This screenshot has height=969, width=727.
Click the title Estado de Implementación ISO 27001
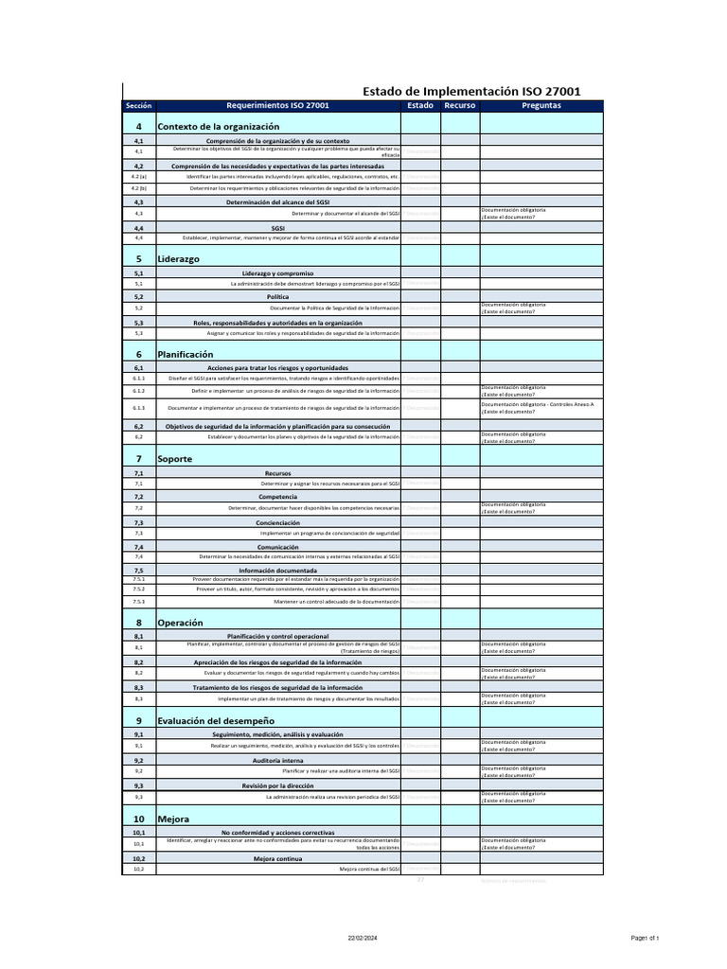click(472, 91)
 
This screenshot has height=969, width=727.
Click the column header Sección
click(138, 106)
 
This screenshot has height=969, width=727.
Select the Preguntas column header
click(541, 106)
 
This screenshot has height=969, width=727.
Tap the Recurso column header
click(459, 106)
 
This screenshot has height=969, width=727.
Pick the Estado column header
click(420, 106)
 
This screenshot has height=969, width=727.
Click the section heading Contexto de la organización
click(218, 126)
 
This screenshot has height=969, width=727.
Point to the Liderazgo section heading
click(178, 258)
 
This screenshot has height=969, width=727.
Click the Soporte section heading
click(174, 459)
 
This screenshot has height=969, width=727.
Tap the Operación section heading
click(180, 624)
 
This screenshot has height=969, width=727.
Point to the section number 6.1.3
click(138, 408)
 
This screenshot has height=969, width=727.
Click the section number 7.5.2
click(138, 589)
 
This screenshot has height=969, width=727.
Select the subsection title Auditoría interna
click(277, 760)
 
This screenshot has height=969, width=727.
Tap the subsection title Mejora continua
click(277, 858)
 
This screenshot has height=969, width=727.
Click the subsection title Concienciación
click(277, 522)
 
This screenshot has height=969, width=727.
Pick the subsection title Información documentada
click(277, 571)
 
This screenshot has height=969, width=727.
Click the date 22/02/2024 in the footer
click(363, 938)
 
